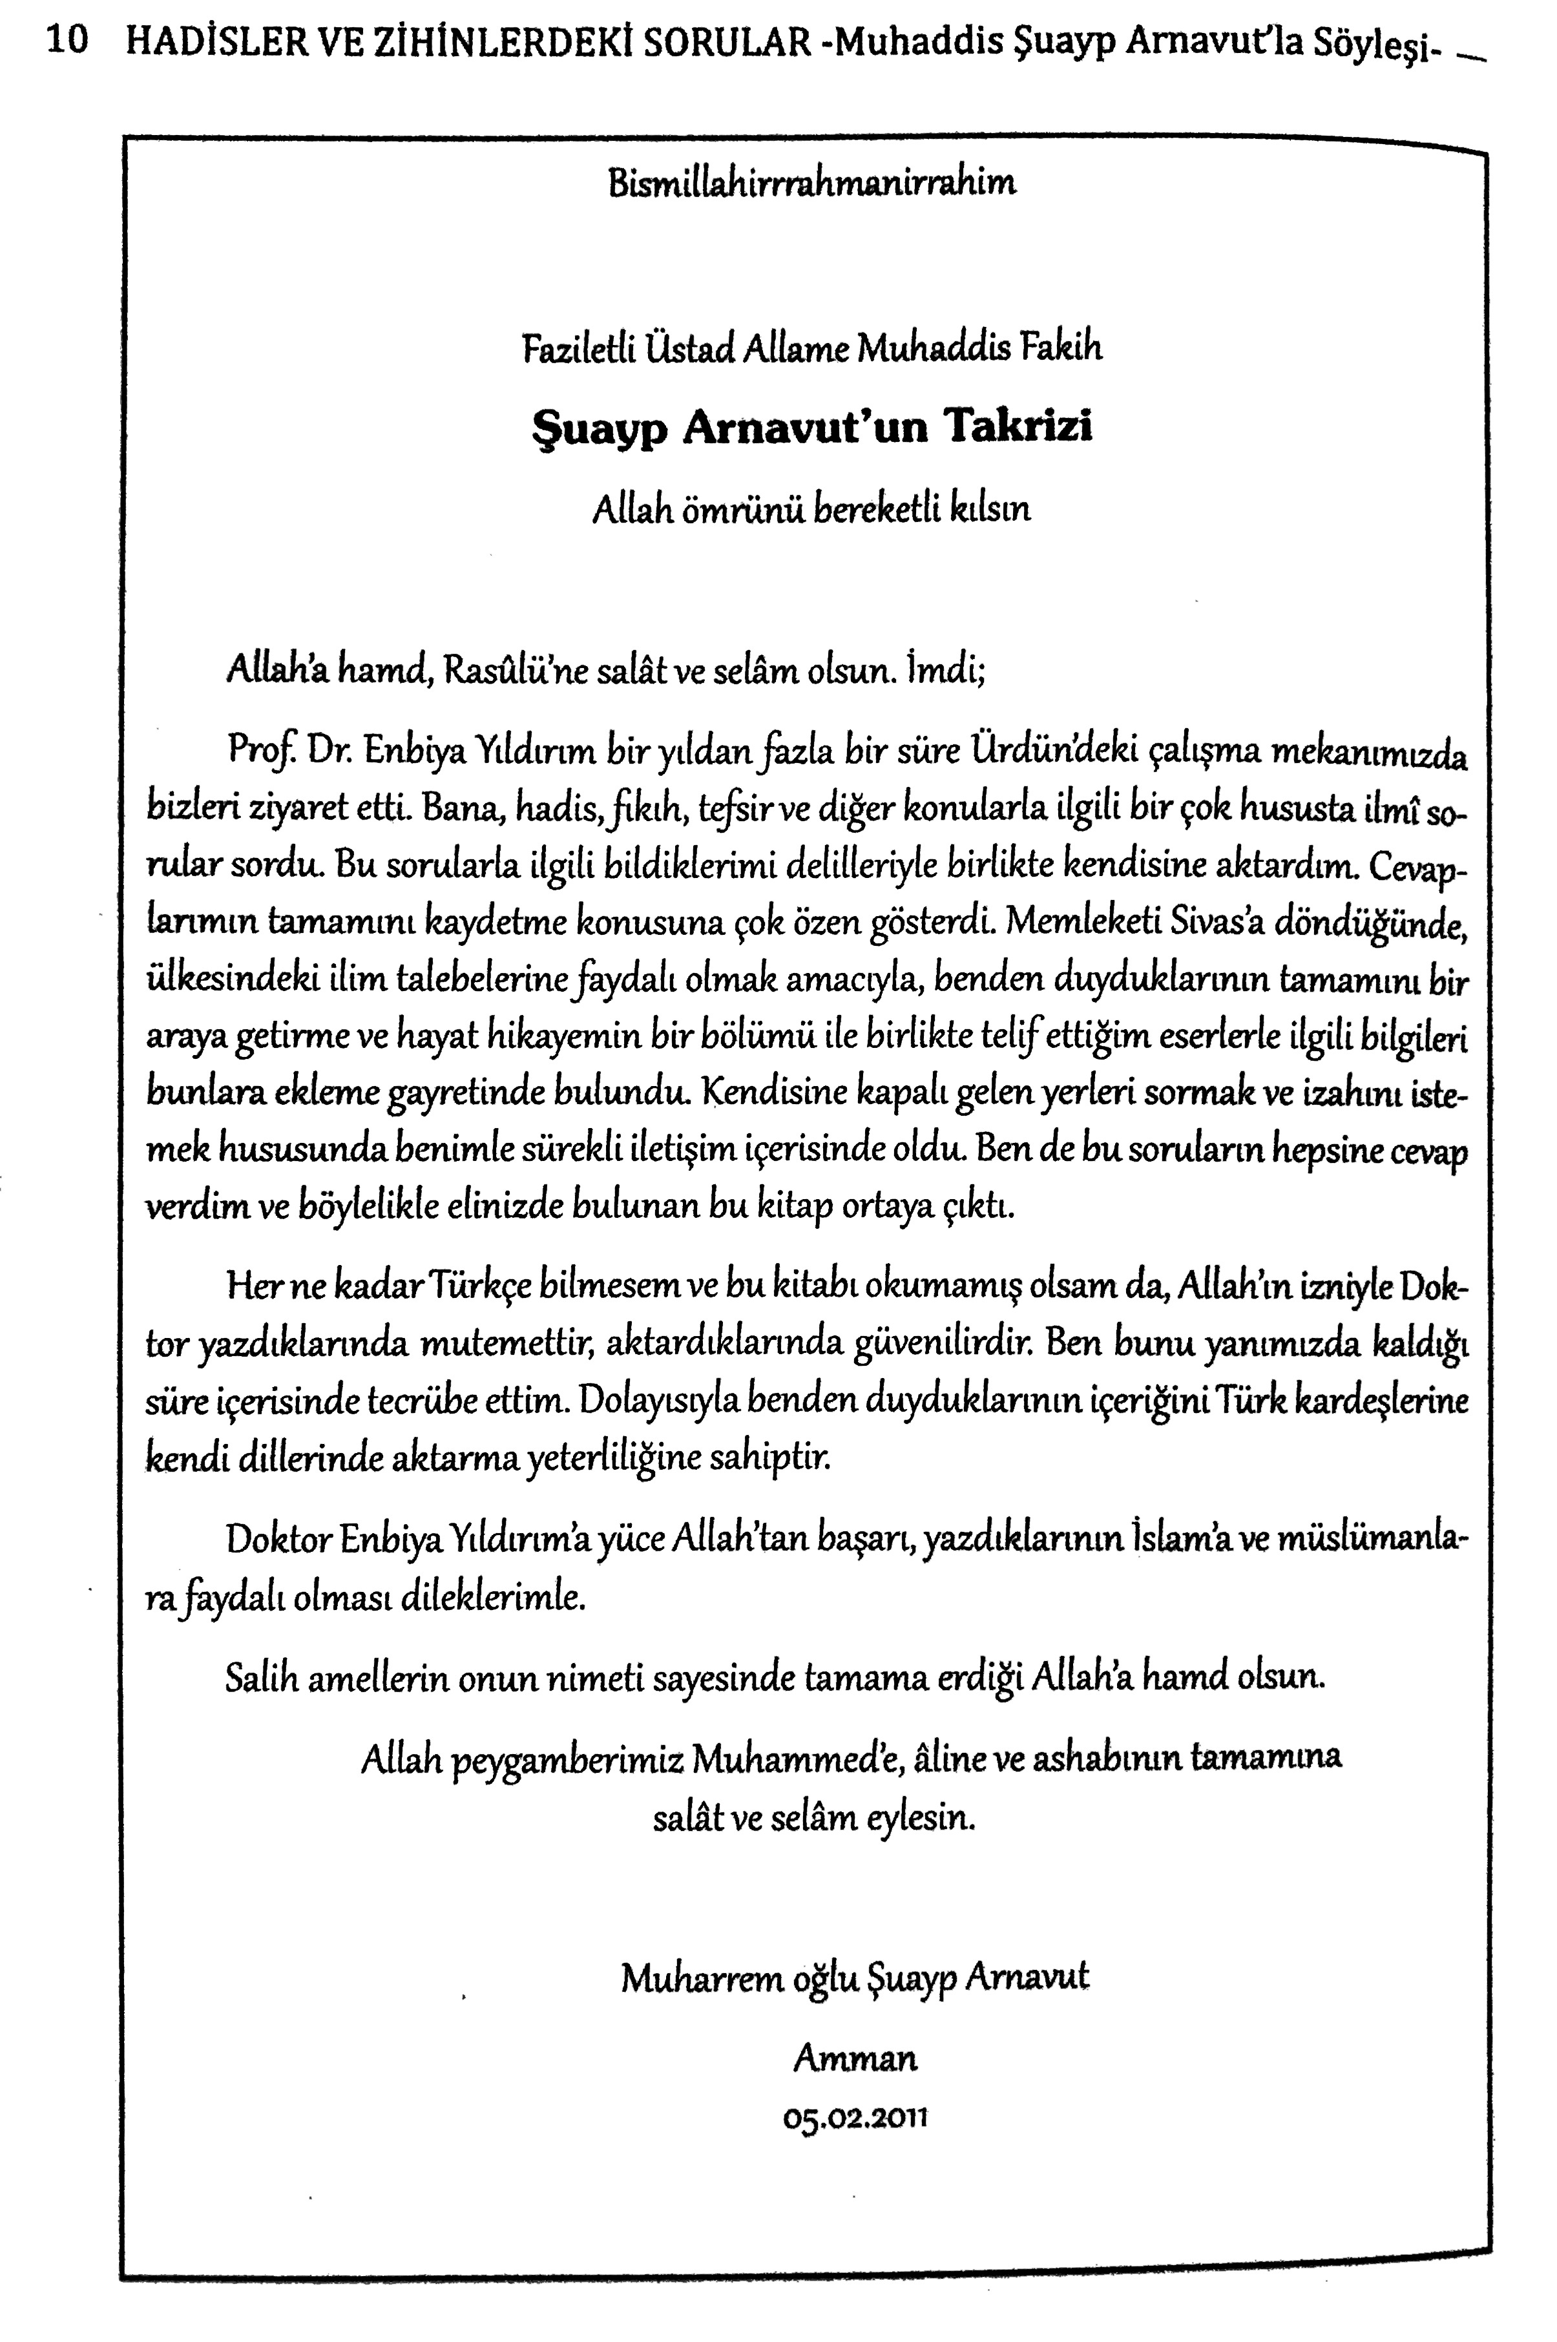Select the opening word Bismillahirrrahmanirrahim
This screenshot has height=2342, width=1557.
(811, 183)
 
